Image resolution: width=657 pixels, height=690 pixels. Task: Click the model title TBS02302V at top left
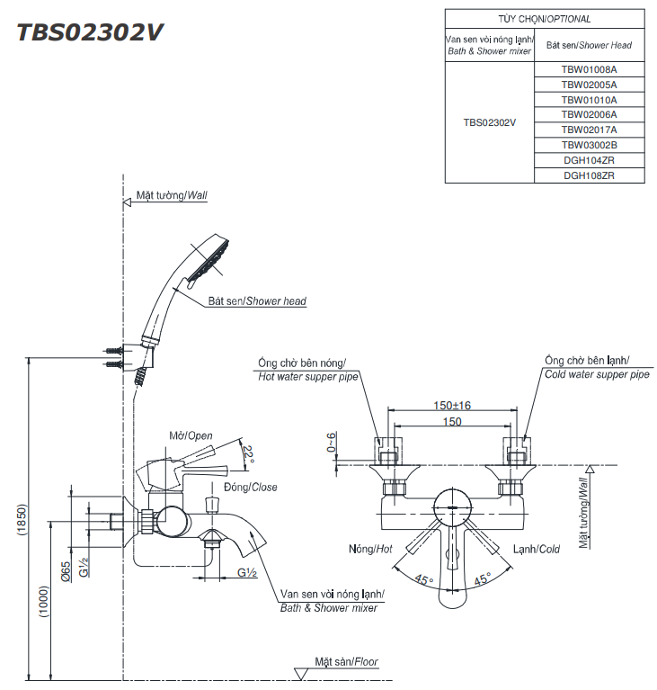[x=90, y=31]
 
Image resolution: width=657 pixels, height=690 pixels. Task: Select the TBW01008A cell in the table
[x=589, y=68]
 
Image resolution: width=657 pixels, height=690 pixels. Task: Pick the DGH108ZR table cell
[x=589, y=175]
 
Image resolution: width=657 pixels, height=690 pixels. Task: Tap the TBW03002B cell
[x=589, y=145]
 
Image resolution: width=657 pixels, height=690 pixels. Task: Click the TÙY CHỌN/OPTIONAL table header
[x=545, y=18]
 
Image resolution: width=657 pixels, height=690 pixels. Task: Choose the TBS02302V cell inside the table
[x=489, y=122]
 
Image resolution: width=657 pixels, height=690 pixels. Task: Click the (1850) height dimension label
[x=22, y=519]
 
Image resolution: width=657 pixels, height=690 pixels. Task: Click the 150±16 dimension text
[x=452, y=406]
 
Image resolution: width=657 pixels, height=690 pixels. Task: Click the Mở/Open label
[x=191, y=435]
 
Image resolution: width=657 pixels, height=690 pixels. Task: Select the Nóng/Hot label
[x=370, y=549]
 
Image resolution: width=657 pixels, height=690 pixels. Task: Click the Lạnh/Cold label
[x=537, y=549]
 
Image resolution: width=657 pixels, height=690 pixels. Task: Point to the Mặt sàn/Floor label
[x=346, y=661]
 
